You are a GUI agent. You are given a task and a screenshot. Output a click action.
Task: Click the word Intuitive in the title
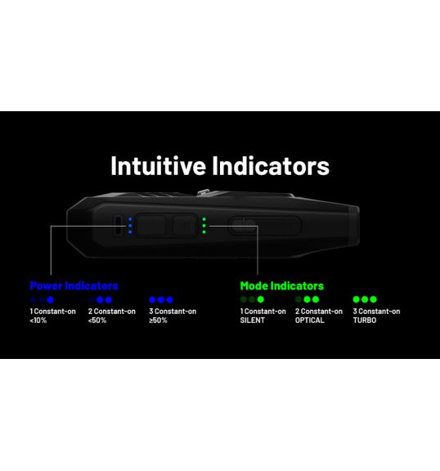(x=158, y=165)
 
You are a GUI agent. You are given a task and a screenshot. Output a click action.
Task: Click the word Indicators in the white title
(x=271, y=165)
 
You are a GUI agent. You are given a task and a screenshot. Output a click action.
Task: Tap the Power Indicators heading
(x=74, y=285)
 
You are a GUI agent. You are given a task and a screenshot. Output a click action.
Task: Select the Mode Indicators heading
(x=281, y=285)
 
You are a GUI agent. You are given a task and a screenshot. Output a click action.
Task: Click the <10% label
(x=38, y=321)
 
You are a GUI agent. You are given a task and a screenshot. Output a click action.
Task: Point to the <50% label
(x=97, y=321)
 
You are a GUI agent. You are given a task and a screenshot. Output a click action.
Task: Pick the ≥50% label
(x=158, y=321)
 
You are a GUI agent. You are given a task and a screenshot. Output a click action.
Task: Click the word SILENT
(x=252, y=321)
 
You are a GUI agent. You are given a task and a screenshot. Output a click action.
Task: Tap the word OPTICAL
(x=310, y=321)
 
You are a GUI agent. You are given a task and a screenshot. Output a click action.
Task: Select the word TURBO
(x=365, y=321)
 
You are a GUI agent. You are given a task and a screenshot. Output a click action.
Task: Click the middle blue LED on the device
(x=130, y=226)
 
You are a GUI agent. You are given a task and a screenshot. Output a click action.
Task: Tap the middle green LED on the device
(x=204, y=226)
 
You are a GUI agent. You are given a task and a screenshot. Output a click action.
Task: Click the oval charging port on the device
(x=119, y=226)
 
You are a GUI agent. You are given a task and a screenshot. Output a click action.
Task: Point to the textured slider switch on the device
(x=244, y=226)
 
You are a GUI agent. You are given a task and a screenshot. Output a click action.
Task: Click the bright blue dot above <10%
(x=51, y=300)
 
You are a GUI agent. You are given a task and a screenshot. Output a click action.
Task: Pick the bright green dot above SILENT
(x=261, y=299)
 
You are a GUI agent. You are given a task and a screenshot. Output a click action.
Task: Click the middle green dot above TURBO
(x=365, y=299)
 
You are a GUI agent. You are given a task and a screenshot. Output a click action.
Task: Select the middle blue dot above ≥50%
(x=161, y=300)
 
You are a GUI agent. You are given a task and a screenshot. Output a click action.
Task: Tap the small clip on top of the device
(x=204, y=192)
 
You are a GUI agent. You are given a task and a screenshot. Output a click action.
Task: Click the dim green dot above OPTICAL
(x=299, y=299)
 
